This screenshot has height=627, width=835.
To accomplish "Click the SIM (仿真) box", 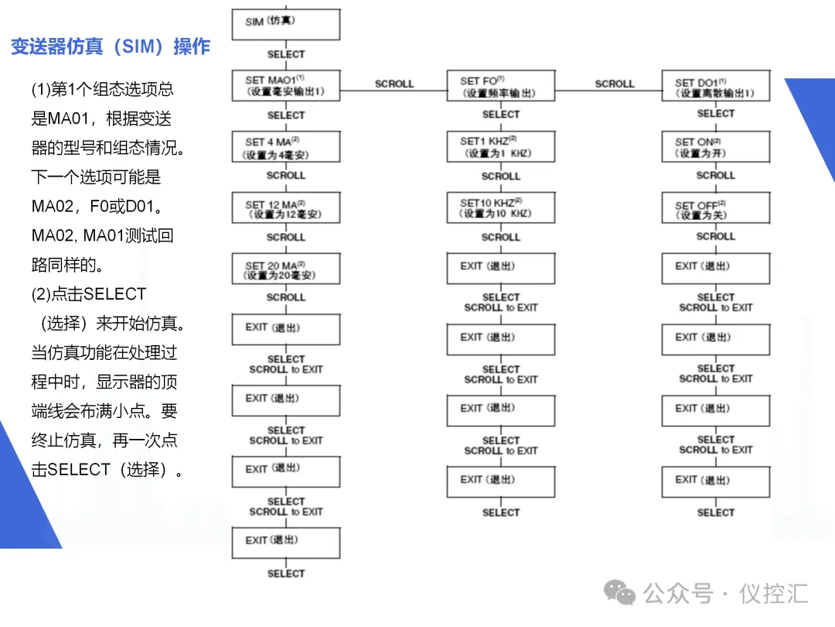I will click(286, 24).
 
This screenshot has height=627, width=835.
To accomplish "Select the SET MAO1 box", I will click(286, 85).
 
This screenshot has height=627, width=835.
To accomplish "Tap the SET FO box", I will click(501, 85).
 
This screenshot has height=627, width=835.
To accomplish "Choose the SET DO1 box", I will click(716, 85).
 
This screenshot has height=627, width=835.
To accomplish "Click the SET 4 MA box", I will click(286, 147).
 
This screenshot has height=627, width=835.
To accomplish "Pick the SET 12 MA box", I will click(286, 208).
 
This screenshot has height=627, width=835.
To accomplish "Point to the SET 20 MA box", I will click(286, 269).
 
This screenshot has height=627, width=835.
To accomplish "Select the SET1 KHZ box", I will click(501, 146).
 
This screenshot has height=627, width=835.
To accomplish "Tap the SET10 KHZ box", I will click(501, 207).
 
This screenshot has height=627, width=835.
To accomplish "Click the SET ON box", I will click(716, 146).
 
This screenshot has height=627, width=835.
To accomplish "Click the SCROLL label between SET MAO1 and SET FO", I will click(394, 84).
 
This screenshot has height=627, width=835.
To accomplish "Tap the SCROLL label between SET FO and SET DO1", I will click(615, 84).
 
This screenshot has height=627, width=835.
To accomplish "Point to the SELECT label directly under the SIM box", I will click(286, 54).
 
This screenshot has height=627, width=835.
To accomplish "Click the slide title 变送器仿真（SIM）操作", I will click(111, 46).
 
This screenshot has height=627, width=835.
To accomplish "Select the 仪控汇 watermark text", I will click(774, 594).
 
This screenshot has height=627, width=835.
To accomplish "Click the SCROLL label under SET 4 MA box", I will click(286, 176).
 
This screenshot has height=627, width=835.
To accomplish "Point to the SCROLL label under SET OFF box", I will click(716, 236).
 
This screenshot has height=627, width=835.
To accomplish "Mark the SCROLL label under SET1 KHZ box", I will click(501, 176).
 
